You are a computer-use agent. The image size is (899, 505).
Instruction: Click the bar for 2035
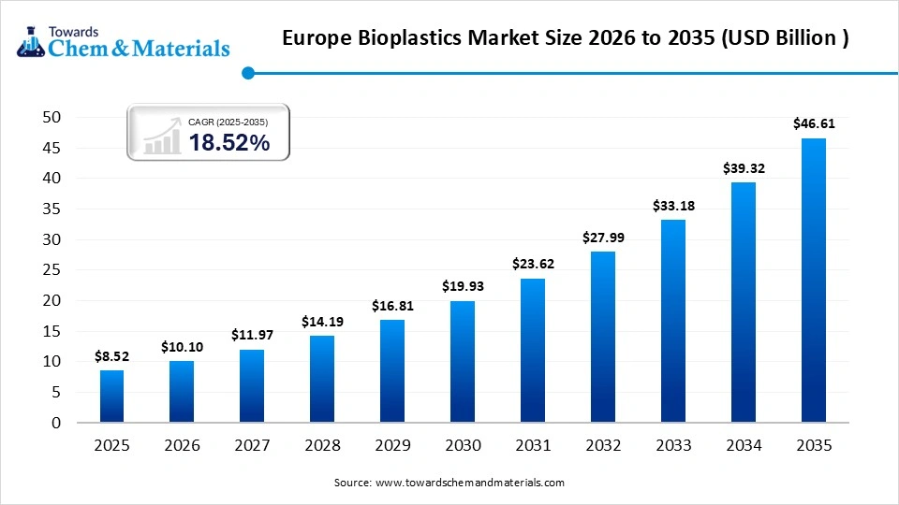(813, 281)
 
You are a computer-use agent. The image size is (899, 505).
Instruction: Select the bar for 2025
(111, 397)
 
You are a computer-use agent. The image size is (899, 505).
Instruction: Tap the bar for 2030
(462, 361)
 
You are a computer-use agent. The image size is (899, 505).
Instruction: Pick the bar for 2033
(672, 321)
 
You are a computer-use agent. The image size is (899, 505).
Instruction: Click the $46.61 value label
(813, 123)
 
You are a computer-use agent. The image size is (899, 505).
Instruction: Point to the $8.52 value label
(111, 355)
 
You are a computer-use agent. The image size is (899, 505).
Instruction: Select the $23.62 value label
(532, 264)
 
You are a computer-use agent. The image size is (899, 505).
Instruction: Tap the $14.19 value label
(322, 321)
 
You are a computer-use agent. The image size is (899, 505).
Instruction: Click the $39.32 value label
(743, 167)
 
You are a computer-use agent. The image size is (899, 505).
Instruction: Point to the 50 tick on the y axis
(51, 117)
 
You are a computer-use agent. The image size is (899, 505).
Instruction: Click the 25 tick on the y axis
(51, 270)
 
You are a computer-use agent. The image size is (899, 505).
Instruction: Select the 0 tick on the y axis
(55, 423)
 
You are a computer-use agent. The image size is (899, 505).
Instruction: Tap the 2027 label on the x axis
(252, 446)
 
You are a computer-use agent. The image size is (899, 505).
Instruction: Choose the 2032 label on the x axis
(602, 446)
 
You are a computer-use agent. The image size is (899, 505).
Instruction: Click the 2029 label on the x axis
(392, 446)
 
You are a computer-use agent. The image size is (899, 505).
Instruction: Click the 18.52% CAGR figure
(228, 142)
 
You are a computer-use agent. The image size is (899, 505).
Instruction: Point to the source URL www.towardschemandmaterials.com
(470, 483)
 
